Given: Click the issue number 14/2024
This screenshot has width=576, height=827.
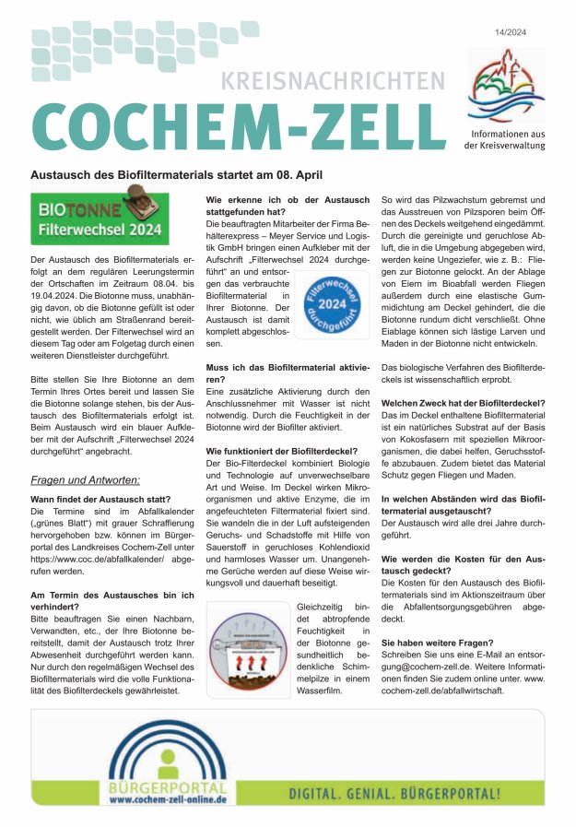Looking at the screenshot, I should (519, 33).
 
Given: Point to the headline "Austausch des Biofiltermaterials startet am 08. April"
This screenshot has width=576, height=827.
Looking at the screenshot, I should (176, 174).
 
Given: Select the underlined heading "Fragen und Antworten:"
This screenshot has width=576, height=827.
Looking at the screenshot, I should (86, 480).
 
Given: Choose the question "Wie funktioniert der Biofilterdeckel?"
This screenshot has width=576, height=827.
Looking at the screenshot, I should (285, 450).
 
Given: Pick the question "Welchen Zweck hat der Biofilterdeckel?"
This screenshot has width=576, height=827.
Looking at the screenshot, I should (463, 403).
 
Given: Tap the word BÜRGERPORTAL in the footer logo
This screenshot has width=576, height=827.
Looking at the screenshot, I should (167, 788).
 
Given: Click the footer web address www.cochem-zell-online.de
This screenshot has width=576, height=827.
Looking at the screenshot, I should (167, 801).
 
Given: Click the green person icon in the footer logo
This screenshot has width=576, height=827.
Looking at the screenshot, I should (168, 762).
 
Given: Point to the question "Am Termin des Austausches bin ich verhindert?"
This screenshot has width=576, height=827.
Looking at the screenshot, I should (107, 600).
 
